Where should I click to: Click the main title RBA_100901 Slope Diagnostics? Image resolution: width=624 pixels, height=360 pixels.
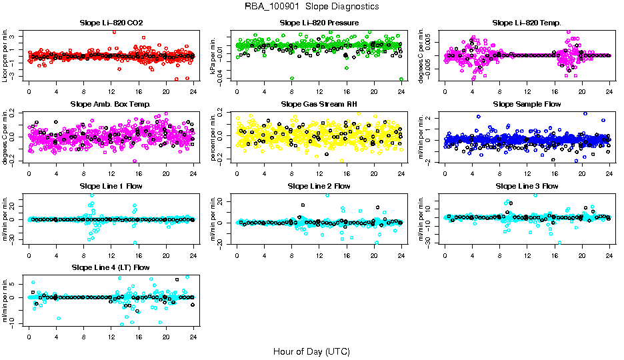tap(312, 7)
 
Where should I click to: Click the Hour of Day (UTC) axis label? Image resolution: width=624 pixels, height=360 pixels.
tap(311, 351)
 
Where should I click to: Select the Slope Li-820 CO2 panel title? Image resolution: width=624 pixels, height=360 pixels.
tap(111, 23)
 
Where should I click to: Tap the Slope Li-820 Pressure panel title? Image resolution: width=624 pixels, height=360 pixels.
tap(319, 23)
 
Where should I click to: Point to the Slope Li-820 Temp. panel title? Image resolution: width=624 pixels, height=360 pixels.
tap(527, 23)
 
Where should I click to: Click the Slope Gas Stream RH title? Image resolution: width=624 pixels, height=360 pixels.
tap(319, 105)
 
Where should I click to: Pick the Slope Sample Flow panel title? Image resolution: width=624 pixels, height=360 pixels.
tap(527, 105)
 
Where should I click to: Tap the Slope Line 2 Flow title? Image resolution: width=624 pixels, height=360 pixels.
tap(319, 186)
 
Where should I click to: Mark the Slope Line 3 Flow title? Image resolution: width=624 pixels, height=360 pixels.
tap(527, 186)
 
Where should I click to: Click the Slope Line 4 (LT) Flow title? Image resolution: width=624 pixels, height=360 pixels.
tap(111, 267)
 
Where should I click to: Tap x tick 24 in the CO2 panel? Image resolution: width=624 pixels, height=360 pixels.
tap(193, 91)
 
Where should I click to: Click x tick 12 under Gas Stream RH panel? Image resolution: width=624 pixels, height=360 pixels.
tap(319, 173)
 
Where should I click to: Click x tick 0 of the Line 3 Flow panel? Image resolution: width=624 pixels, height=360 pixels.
tap(445, 254)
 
